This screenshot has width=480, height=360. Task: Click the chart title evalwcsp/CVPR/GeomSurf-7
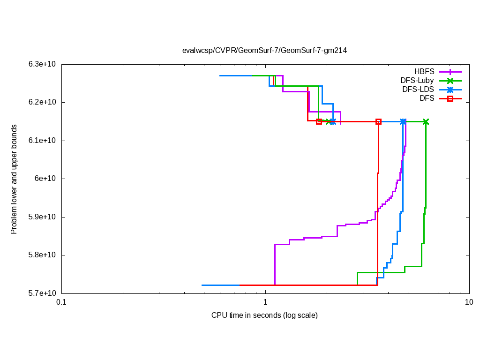click(x=265, y=50)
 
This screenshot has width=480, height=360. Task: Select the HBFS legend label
click(x=424, y=72)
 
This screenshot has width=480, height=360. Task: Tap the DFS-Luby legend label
click(x=417, y=81)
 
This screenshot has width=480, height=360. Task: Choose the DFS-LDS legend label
click(x=418, y=90)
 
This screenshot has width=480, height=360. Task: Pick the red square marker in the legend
click(x=450, y=98)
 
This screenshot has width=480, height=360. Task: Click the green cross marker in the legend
click(x=450, y=81)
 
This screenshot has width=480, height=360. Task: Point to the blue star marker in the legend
click(x=450, y=90)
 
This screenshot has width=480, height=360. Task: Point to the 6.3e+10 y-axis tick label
click(x=42, y=64)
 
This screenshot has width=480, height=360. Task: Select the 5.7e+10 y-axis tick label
click(x=42, y=293)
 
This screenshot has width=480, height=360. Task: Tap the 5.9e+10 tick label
click(x=42, y=217)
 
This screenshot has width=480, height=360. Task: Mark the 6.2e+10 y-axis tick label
click(x=42, y=102)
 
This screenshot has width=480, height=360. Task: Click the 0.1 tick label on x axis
click(x=61, y=302)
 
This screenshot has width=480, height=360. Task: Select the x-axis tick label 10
click(x=469, y=302)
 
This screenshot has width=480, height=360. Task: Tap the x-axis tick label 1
click(x=265, y=302)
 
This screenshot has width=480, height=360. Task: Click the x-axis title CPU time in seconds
click(x=264, y=315)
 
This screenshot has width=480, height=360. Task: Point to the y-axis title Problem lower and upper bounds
click(x=14, y=179)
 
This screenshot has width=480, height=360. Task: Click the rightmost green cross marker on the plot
click(x=426, y=122)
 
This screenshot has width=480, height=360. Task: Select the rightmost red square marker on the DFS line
click(x=378, y=122)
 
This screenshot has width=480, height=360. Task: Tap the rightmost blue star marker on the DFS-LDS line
click(x=403, y=122)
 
